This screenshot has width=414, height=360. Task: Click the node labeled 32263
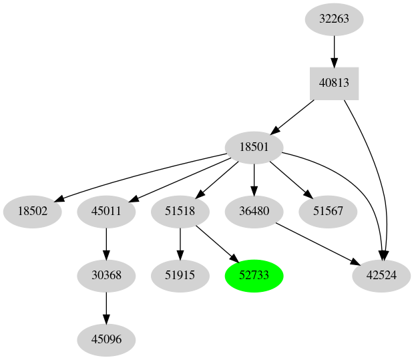pos(334,19)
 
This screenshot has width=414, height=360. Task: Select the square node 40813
pos(334,83)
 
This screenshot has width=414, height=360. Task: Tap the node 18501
pos(254,148)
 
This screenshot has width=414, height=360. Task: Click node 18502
pos(33,212)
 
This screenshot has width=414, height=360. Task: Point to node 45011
pos(107,212)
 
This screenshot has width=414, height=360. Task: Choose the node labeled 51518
pos(180,212)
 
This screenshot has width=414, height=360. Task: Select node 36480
pos(254,212)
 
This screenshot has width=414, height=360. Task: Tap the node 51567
pos(328,212)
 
